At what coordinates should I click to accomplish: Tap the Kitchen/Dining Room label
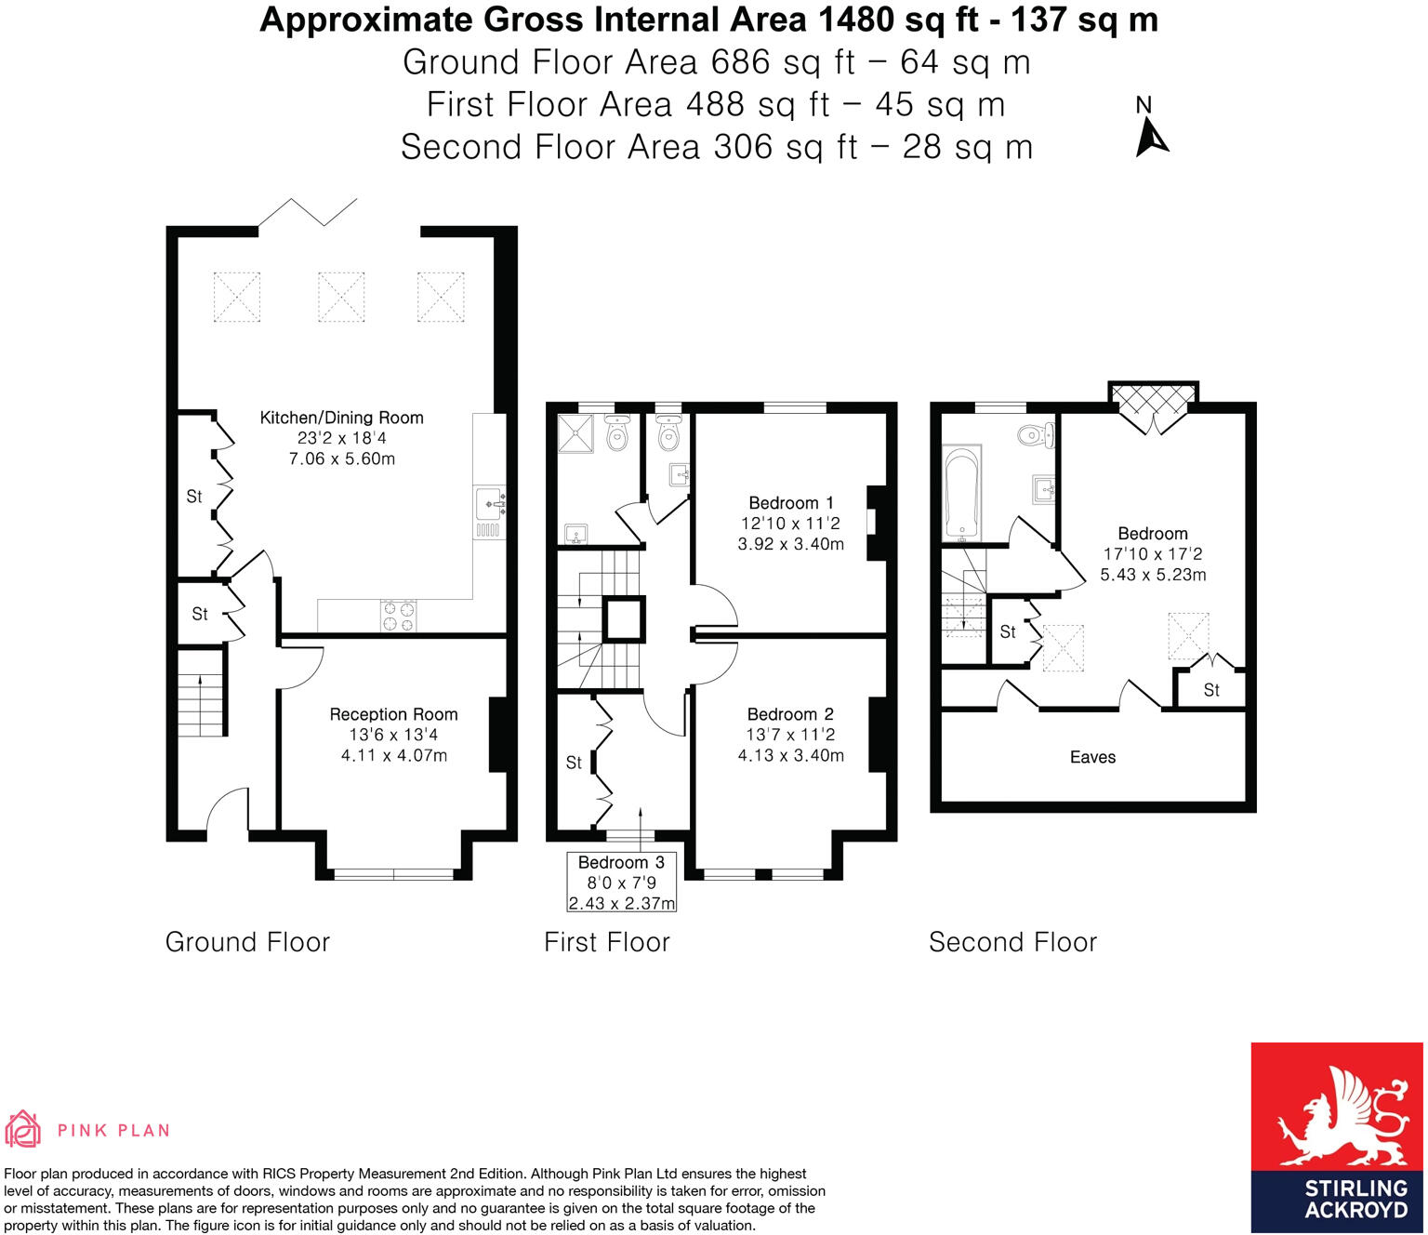click(341, 418)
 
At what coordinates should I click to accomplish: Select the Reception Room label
click(393, 714)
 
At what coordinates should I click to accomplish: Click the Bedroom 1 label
click(790, 503)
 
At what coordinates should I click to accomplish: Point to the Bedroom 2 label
click(790, 714)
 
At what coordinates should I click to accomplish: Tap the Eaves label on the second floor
click(1092, 757)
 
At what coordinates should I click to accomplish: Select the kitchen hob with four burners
click(399, 616)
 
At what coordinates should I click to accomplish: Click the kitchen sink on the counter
click(489, 504)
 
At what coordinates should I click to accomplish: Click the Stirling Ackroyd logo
click(1337, 1136)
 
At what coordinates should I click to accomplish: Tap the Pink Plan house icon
click(22, 1129)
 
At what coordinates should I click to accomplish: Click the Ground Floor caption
click(247, 942)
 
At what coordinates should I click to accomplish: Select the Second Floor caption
click(1012, 942)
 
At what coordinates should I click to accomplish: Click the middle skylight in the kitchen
click(341, 297)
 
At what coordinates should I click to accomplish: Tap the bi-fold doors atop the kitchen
click(308, 211)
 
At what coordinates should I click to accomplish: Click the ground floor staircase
click(200, 692)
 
